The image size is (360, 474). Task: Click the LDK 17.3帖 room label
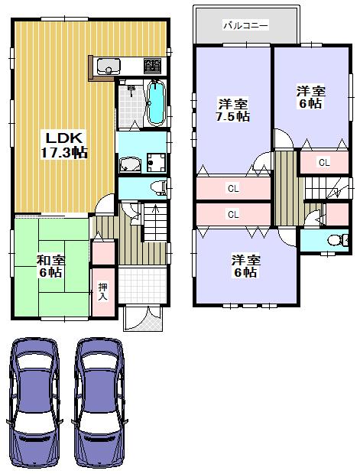click(x=64, y=144)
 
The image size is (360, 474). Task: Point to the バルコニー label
click(x=245, y=25)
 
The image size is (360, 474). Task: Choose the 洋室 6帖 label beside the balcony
click(x=310, y=97)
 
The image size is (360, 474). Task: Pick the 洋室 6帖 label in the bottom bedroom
click(x=246, y=266)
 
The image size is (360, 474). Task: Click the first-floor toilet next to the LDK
click(x=157, y=187)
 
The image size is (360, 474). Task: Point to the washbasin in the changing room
click(x=129, y=163)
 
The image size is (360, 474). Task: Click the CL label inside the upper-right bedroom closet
click(x=323, y=162)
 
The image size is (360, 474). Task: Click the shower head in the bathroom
click(x=131, y=89)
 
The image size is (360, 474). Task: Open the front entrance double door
click(x=144, y=317)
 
